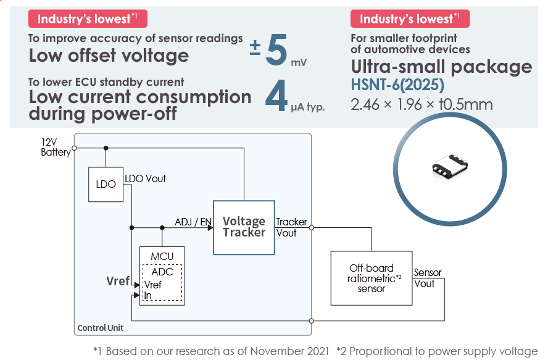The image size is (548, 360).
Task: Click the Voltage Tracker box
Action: tap(244, 227)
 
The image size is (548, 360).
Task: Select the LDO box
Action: tap(106, 184)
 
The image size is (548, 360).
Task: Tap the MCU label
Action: tap(162, 256)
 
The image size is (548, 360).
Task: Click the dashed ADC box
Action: tap(162, 283)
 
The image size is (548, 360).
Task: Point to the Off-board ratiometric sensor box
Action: tap(371, 278)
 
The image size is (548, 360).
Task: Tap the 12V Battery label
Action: tap(55, 148)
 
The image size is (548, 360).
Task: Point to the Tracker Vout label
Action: tap(291, 227)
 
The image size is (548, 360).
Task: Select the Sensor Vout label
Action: tap(427, 278)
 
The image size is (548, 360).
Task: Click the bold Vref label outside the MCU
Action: tap(118, 281)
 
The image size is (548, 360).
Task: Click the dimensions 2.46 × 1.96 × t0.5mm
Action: tap(421, 104)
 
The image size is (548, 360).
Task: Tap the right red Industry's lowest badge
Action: tap(410, 19)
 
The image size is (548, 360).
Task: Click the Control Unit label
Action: tap(100, 328)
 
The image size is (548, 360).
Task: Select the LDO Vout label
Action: tap(145, 178)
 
